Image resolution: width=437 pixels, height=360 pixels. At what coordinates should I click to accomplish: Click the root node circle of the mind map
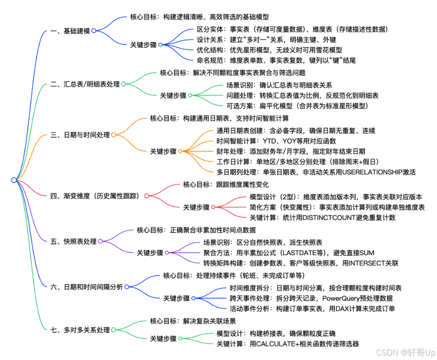click(14, 180)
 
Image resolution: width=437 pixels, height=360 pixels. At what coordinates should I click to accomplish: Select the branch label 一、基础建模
click(70, 31)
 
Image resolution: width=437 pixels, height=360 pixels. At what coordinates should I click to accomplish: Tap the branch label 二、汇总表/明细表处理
click(85, 84)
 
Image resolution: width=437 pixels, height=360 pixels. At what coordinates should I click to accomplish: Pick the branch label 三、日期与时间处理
click(80, 135)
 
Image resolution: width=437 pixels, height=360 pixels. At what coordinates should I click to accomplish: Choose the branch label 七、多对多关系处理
click(80, 330)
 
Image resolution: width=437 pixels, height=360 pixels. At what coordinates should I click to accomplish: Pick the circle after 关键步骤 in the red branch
click(213, 207)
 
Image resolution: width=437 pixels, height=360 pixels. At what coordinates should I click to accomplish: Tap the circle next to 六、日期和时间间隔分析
click(127, 287)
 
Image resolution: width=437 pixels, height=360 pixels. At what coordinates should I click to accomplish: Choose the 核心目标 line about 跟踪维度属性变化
click(226, 185)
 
